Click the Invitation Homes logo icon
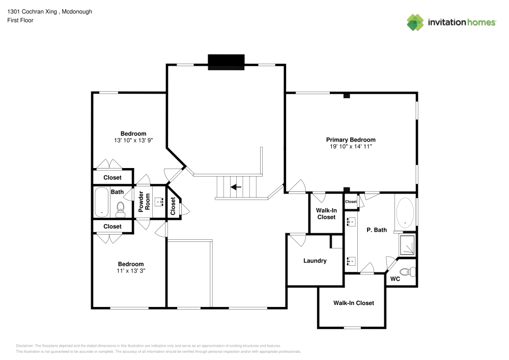pos(415,22)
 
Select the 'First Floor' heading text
pos(20,20)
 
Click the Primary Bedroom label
pos(351,140)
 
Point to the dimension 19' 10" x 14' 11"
pos(351,146)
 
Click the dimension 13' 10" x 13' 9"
pos(133,140)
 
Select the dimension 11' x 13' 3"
pos(131,270)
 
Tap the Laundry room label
pos(315,261)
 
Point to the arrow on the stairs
pos(236,187)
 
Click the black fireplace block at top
pos(226,61)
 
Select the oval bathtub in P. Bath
pos(405,212)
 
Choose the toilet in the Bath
pos(121,208)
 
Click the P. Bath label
pos(377,230)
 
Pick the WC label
pos(395,279)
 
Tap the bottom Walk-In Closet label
pos(353,303)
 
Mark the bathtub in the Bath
pos(102,202)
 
